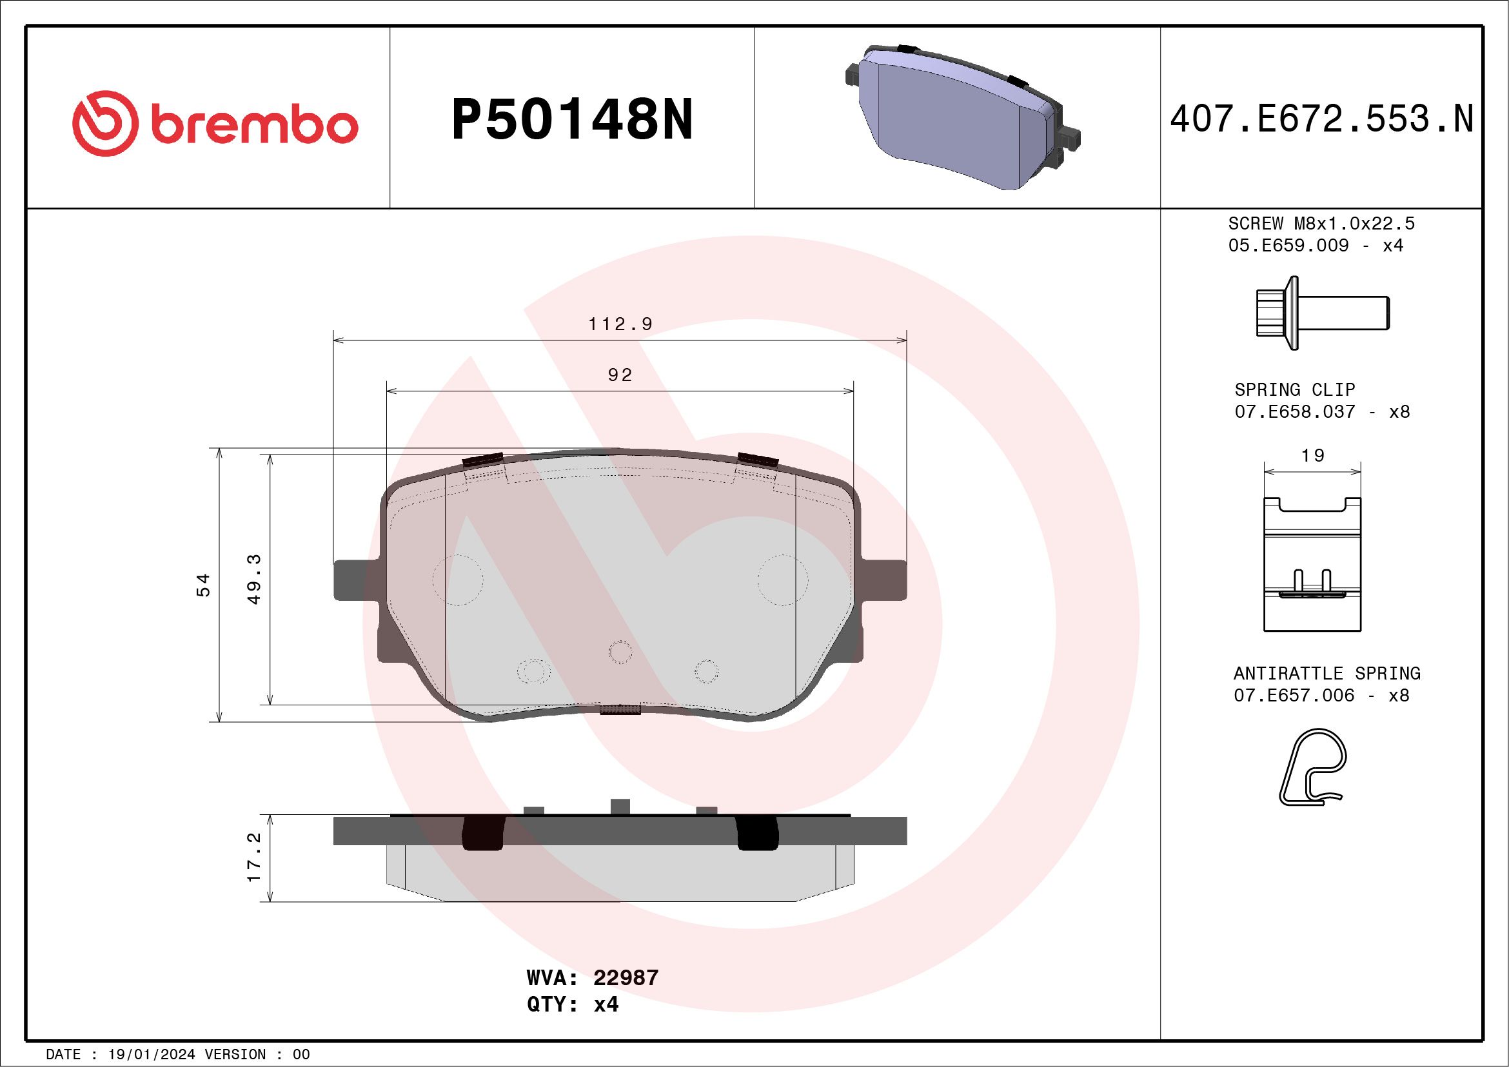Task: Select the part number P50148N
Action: (x=572, y=119)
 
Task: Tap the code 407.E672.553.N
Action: (x=1321, y=119)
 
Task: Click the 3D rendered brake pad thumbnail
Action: (x=962, y=117)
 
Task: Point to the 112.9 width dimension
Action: (x=620, y=324)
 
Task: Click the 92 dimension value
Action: (x=620, y=375)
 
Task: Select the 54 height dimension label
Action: (x=204, y=585)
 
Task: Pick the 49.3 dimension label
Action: (x=254, y=578)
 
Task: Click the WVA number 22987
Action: (x=625, y=977)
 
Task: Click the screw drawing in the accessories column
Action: (x=1321, y=313)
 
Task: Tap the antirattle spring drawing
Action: (x=1312, y=767)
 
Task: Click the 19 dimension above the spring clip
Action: (x=1312, y=455)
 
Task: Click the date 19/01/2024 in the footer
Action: (x=151, y=1055)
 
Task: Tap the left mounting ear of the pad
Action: (x=355, y=580)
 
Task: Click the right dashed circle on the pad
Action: (x=782, y=580)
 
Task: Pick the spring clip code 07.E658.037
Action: (x=1295, y=412)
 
